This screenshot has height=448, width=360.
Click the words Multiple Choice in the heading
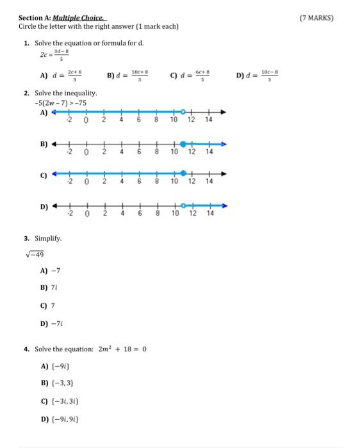pyautogui.click(x=80, y=18)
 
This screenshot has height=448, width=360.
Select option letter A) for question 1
pyautogui.click(x=45, y=76)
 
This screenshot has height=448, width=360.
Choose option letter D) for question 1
pyautogui.click(x=241, y=75)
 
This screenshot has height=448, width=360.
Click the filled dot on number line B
pyautogui.click(x=183, y=144)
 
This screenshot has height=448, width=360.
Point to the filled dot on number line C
pyautogui.click(x=184, y=173)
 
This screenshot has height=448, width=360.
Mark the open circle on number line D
pyautogui.click(x=183, y=206)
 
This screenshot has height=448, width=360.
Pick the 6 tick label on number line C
pyautogui.click(x=139, y=182)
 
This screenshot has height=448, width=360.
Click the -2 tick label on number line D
pyautogui.click(x=70, y=214)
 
